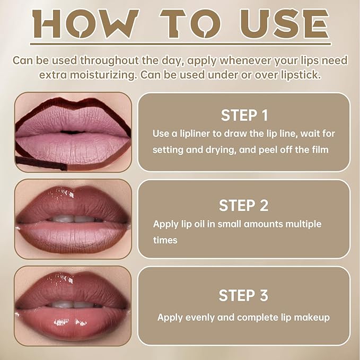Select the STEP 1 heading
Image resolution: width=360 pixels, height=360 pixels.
point(244,116)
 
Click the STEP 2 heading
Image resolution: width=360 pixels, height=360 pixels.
point(244,205)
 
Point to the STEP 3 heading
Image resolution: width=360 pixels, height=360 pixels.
point(244,295)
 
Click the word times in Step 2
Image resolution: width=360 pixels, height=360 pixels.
point(165,240)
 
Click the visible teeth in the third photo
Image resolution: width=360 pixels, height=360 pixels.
point(73,305)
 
